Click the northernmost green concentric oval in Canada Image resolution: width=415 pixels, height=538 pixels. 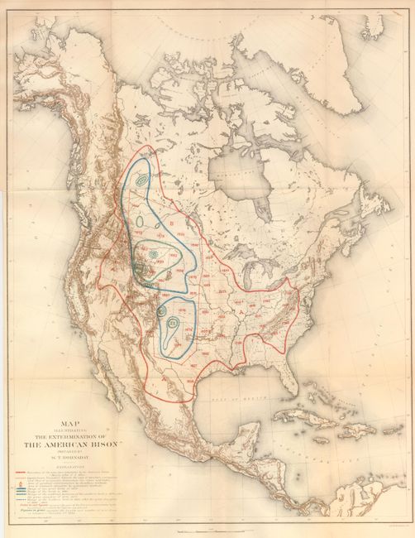[141, 177]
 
